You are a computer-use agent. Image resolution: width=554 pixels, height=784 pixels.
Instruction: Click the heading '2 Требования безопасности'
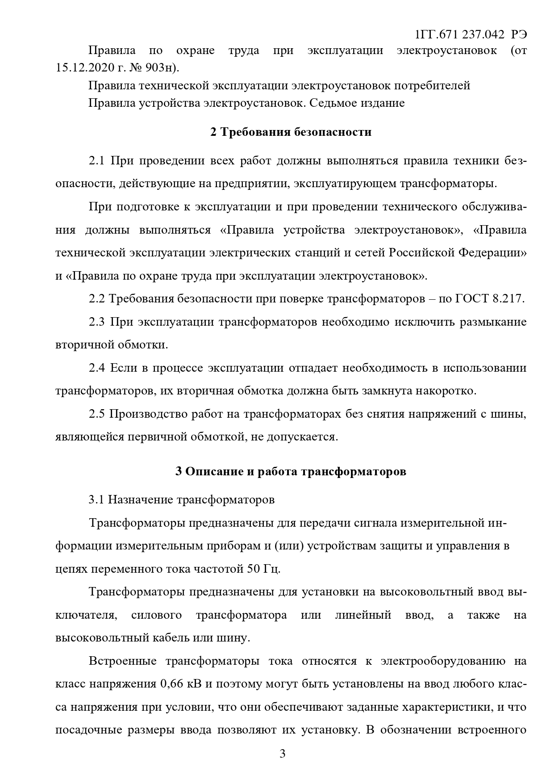coord(291,132)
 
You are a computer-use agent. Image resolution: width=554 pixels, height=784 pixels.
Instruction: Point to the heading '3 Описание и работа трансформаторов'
coord(291,472)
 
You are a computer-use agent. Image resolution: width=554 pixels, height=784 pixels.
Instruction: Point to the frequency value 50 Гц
coord(263,569)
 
